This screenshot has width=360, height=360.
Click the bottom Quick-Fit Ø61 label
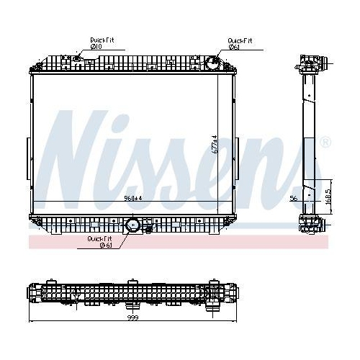pos(99,241)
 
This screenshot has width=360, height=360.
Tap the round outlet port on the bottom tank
pos(132,225)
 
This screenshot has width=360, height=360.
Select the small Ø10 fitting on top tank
pos(78,58)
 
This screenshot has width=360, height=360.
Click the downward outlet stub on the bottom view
pos(212,307)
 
